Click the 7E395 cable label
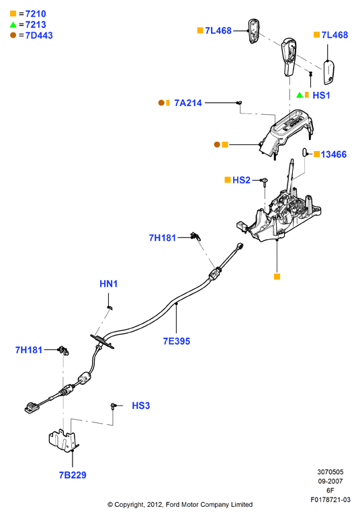coord(177,341)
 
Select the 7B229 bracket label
coord(73,475)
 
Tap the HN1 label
coord(109,283)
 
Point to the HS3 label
coord(141,406)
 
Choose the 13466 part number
coord(334,154)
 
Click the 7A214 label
coord(188,103)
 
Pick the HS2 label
coord(241,180)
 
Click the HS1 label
coord(321,95)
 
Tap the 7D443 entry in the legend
coord(39,36)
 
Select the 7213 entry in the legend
coord(36,24)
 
